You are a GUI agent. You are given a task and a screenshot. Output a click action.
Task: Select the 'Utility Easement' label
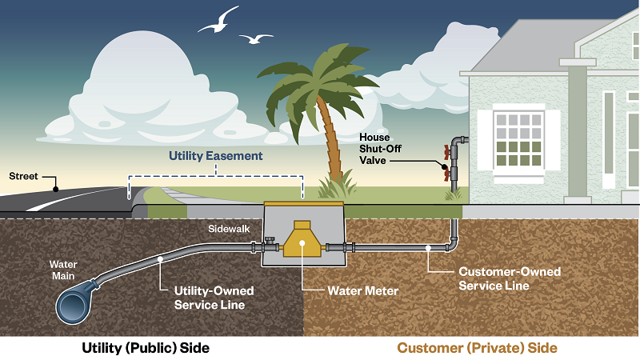(215, 156)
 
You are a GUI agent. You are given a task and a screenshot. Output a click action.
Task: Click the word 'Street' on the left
(23, 175)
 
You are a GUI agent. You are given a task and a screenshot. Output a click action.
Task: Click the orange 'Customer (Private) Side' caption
(477, 348)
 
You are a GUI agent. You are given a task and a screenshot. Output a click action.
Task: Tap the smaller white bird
(257, 38)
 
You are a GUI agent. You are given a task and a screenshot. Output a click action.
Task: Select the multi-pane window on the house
(518, 139)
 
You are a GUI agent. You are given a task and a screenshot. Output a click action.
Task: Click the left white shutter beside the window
(485, 139)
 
